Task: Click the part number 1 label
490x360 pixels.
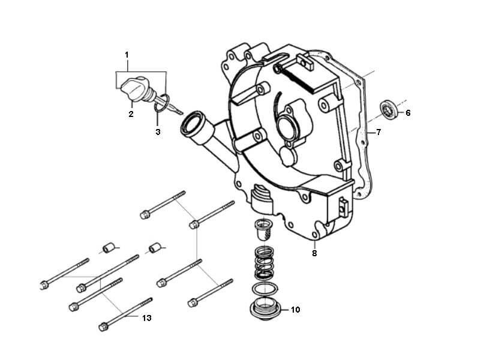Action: click(127, 55)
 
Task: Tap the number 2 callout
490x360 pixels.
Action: click(130, 113)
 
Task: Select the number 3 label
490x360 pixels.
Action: click(158, 131)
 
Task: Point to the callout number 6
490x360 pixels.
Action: click(408, 112)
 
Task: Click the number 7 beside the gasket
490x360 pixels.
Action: click(378, 132)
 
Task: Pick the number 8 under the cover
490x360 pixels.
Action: click(314, 253)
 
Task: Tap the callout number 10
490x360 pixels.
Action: click(295, 310)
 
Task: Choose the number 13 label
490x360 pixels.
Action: click(147, 317)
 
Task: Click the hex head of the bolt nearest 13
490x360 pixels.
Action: click(103, 326)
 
